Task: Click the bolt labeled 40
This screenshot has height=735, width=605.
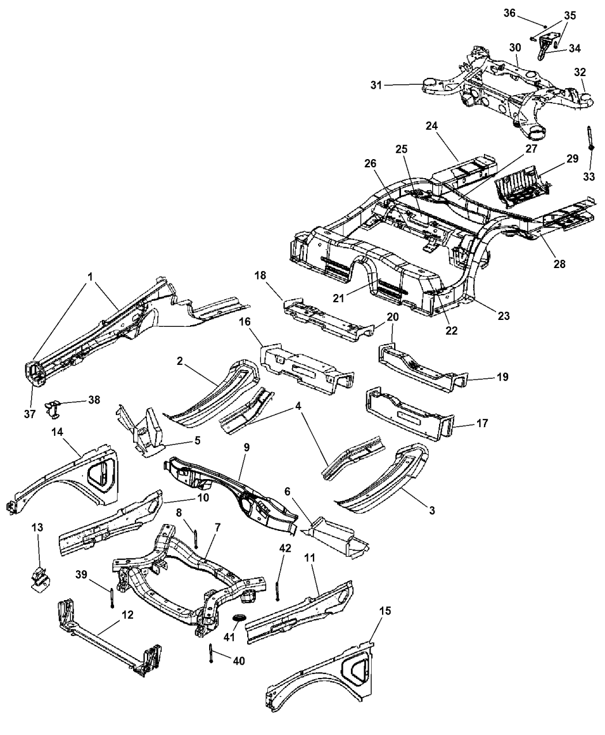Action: coord(211,653)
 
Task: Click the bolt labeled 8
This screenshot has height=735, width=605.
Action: coord(196,538)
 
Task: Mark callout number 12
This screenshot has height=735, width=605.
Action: coord(127,616)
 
